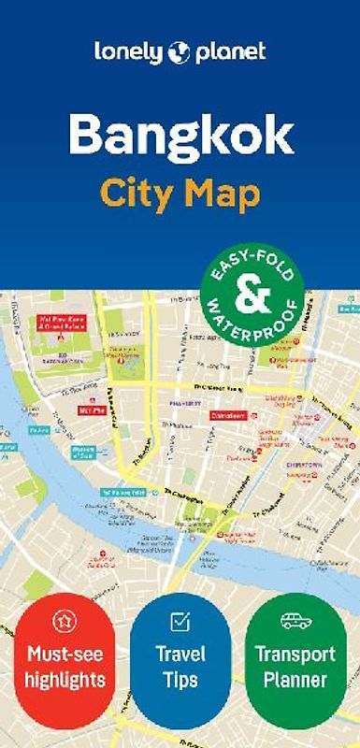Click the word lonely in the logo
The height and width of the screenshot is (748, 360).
(129, 52)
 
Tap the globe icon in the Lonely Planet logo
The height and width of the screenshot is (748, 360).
(180, 53)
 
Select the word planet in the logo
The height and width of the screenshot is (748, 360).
(230, 53)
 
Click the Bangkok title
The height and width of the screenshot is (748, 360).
(180, 137)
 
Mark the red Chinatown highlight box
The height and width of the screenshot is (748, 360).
(227, 415)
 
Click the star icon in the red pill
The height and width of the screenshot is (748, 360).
(65, 621)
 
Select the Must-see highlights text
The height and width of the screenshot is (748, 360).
(65, 665)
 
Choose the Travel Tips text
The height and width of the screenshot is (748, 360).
(180, 665)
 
